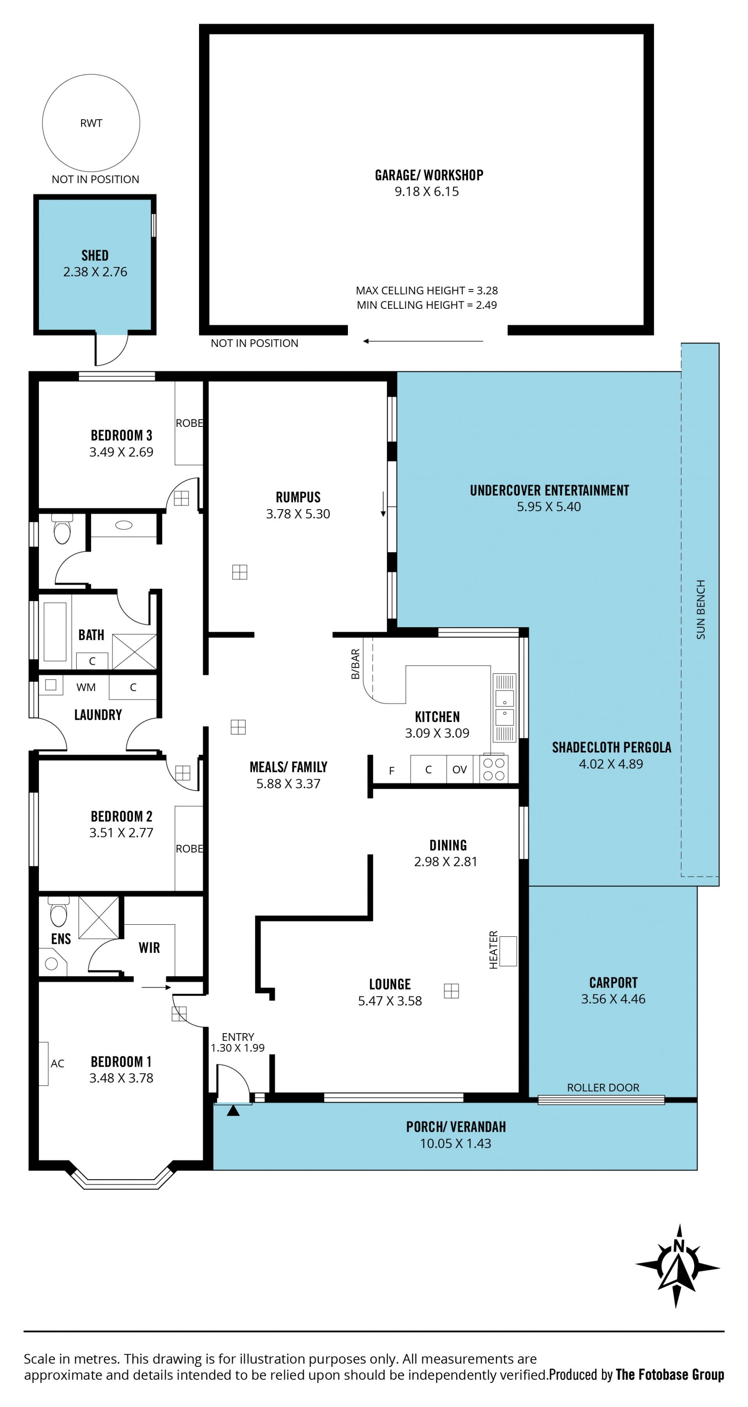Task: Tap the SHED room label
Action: pos(95,256)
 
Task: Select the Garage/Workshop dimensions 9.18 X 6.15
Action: pos(427,192)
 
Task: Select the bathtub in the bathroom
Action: pos(55,632)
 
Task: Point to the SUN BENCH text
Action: pos(700,610)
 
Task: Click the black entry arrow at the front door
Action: pos(233,1110)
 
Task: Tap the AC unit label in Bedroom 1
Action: pos(57,1064)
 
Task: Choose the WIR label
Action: pos(149,948)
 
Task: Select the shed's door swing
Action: pos(111,349)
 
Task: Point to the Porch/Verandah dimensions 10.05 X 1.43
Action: pos(455,1143)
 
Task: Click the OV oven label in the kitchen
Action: pos(459,770)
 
